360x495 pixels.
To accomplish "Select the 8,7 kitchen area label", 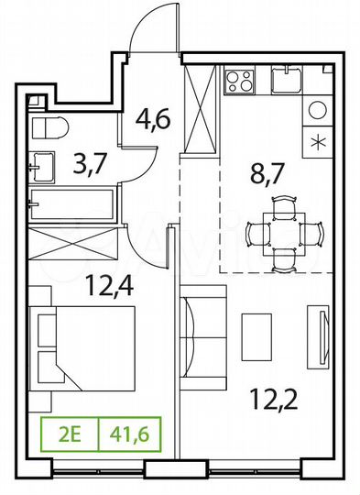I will coord(268,172).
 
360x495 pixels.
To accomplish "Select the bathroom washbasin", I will coord(40,166).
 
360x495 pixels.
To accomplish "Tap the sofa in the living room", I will coord(203,330).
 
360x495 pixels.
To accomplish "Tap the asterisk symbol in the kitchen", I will coord(318,141).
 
